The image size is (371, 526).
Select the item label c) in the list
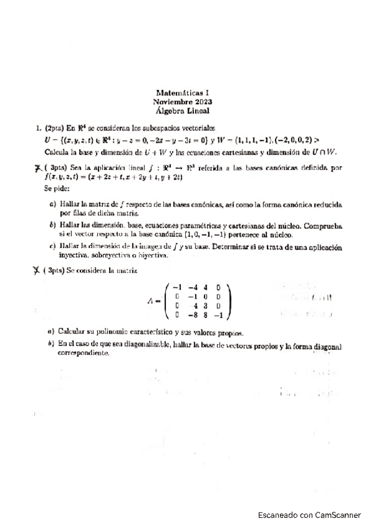(x=53, y=246)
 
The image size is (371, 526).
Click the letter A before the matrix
(x=151, y=301)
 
